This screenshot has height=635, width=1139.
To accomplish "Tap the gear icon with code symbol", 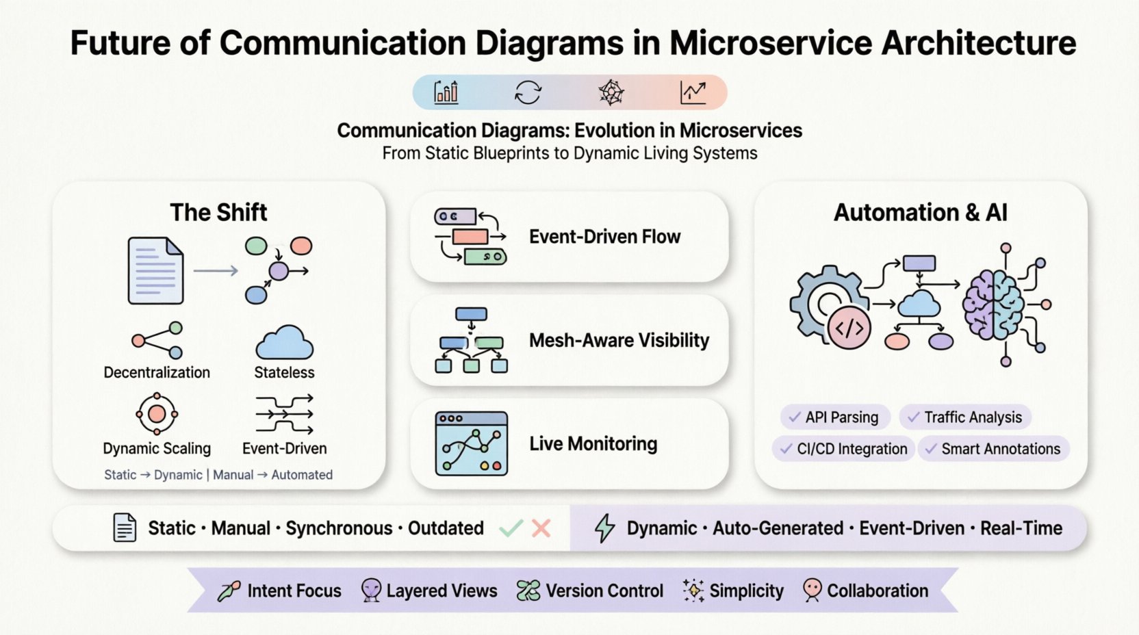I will [830, 306].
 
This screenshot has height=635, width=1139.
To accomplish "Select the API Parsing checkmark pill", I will [834, 417].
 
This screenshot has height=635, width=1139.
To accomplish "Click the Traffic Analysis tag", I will [965, 417].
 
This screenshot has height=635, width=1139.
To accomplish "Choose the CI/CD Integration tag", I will [844, 449].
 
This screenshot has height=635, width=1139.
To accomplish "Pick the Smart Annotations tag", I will [993, 449].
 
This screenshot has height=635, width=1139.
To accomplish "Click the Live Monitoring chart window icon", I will [472, 443].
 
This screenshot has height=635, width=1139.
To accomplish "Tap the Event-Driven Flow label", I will [604, 237].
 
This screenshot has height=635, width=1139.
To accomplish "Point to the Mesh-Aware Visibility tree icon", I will [471, 340].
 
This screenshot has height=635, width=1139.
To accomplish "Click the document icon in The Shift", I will [155, 271].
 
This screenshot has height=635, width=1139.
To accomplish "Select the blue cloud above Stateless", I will [284, 342].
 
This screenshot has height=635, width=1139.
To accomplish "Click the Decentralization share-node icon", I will [158, 340].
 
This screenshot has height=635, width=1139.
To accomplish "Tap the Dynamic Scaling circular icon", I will [157, 413].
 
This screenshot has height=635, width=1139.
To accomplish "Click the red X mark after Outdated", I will [541, 528].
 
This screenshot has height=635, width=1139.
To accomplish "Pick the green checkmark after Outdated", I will [511, 528].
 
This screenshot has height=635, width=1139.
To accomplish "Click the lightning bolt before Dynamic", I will [604, 528].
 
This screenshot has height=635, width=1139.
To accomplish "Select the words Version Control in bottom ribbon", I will [604, 591].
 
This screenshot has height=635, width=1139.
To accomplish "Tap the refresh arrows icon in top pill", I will [528, 92].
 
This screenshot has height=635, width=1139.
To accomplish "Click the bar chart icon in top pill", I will [446, 92].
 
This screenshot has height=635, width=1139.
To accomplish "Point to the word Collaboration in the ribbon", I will [878, 591].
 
